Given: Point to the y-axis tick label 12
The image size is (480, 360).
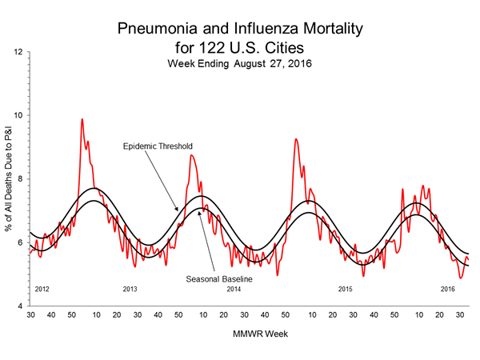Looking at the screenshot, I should pos(18,52).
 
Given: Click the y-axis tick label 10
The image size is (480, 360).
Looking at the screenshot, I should pos(18,115).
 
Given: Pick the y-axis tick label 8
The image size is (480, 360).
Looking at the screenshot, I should pos(20,178).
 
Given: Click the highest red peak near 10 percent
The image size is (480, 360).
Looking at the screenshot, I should pos(82,119).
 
